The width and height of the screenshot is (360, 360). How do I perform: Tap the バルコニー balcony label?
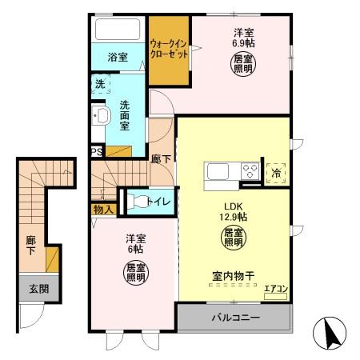[x=235, y=318]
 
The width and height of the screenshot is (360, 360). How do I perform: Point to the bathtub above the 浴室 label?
[x=116, y=31]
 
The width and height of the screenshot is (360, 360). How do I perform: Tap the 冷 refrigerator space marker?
[x=276, y=170]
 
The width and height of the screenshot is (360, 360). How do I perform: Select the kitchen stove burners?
[x=250, y=170]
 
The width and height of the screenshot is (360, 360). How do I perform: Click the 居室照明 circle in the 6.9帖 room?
[x=243, y=63]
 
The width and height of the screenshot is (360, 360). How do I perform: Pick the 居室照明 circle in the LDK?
[x=233, y=237]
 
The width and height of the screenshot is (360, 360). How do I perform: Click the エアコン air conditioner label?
[x=276, y=288]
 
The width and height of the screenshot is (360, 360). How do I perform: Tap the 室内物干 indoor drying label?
[x=233, y=276]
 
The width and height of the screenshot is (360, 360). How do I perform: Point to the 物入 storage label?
[x=103, y=210]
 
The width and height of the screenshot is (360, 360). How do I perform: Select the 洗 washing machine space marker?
[x=99, y=84]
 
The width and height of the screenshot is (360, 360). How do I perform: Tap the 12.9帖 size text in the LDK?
[x=234, y=216]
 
